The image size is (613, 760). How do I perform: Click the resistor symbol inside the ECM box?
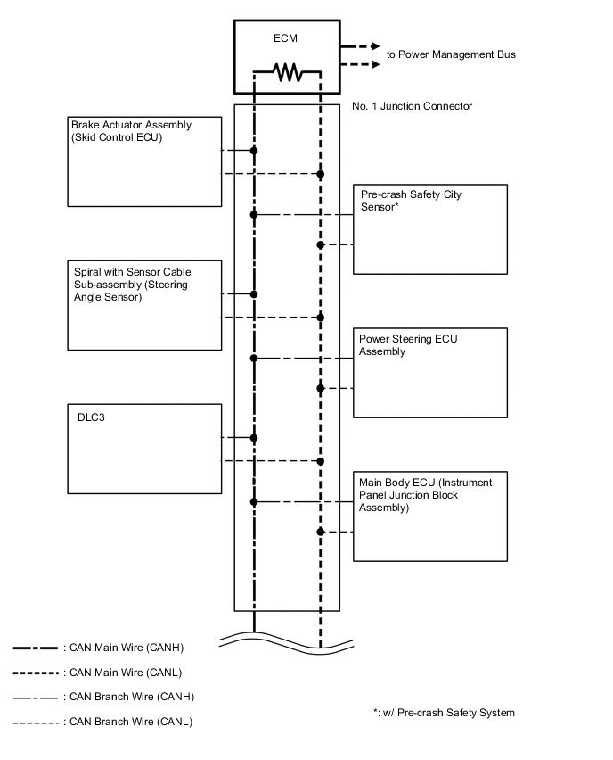[287, 71]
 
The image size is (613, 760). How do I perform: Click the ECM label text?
[287, 39]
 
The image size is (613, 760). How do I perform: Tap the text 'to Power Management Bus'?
[451, 54]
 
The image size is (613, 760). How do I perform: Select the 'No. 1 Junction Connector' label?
[412, 106]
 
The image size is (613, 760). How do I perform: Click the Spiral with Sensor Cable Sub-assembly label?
[131, 284]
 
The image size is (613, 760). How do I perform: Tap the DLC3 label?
[86, 416]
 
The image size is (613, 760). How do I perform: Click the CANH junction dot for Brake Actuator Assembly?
[254, 151]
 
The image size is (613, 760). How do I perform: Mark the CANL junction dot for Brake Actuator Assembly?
[320, 174]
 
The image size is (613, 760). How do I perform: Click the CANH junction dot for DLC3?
[254, 438]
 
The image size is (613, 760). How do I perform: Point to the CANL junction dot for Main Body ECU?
[320, 533]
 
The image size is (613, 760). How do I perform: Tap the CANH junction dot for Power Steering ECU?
[254, 359]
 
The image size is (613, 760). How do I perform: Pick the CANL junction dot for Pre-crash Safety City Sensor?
[320, 244]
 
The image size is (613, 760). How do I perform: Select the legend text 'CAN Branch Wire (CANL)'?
[131, 721]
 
